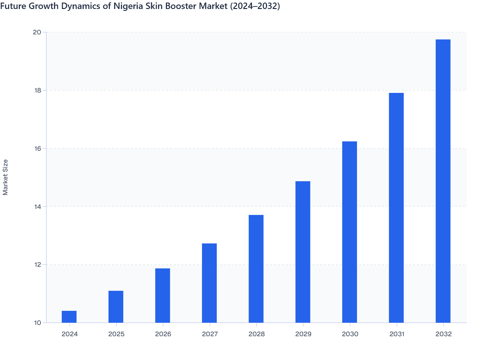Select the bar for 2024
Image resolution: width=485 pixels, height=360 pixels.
click(69, 317)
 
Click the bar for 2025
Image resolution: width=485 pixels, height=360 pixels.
click(116, 307)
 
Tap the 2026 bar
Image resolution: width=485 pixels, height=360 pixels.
click(162, 295)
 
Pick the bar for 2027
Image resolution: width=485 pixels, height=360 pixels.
click(209, 283)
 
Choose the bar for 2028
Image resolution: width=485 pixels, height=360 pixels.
click(256, 269)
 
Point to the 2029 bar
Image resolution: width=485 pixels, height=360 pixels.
click(303, 252)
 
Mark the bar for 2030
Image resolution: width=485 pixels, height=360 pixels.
click(350, 232)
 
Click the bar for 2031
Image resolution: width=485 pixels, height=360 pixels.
click(396, 208)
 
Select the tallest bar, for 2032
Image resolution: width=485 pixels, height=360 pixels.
click(443, 181)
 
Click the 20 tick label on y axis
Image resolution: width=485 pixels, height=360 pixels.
click(37, 32)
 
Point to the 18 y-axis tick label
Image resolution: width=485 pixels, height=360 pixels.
click(37, 90)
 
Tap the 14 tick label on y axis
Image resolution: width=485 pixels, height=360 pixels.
click(37, 206)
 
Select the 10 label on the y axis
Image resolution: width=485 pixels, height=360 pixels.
click(37, 323)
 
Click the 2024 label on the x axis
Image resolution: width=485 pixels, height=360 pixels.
click(69, 334)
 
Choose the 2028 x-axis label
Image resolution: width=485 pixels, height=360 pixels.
click(256, 334)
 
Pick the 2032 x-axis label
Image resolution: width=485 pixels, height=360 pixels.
click(444, 334)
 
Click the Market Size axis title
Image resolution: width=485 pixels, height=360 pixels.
click(5, 177)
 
